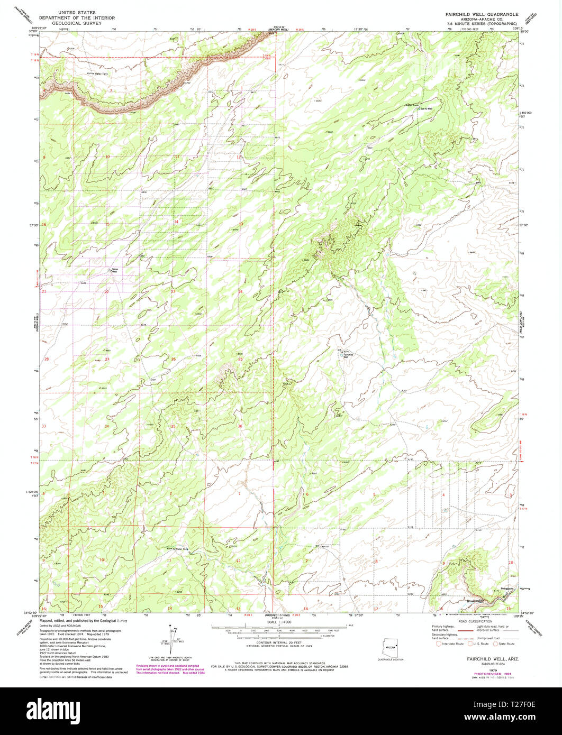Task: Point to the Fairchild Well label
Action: tap(347, 355)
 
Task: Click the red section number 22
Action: tap(106, 292)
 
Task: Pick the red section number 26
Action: tap(173, 360)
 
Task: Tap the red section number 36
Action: tap(240, 426)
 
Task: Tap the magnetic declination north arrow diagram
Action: tap(173, 638)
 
